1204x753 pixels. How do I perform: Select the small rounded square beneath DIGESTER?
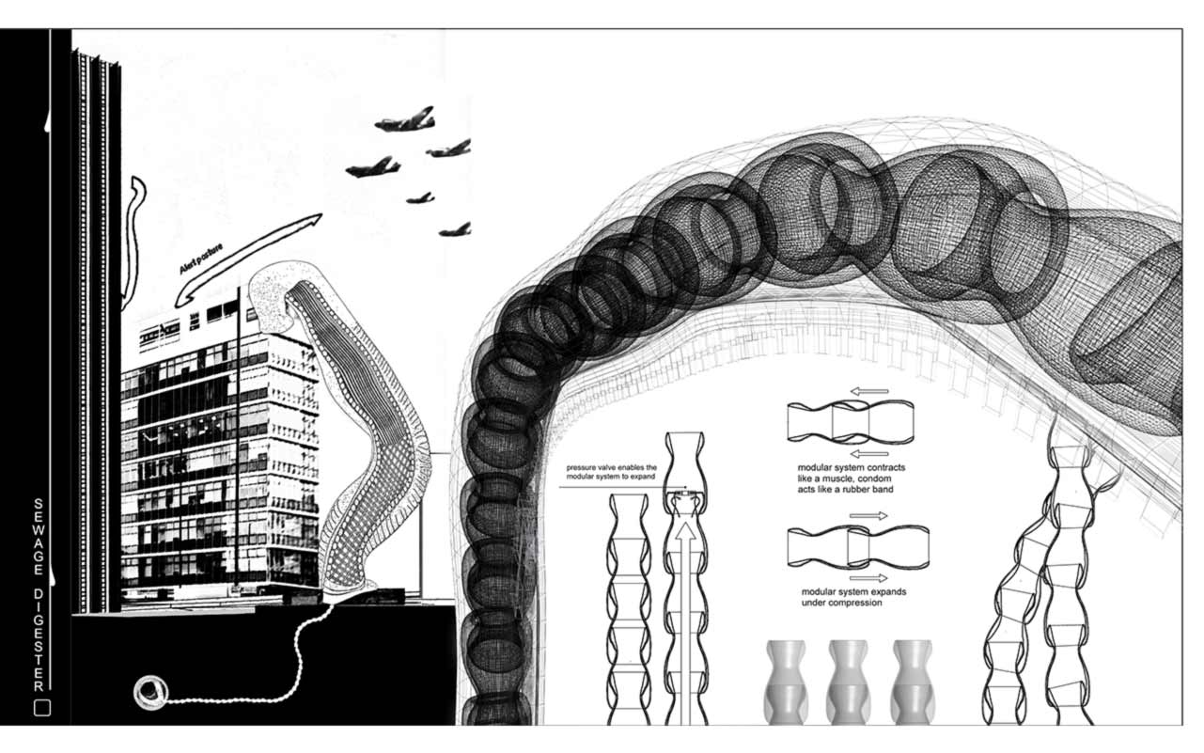(x=40, y=708)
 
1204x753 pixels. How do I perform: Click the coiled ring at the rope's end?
(x=149, y=693)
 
